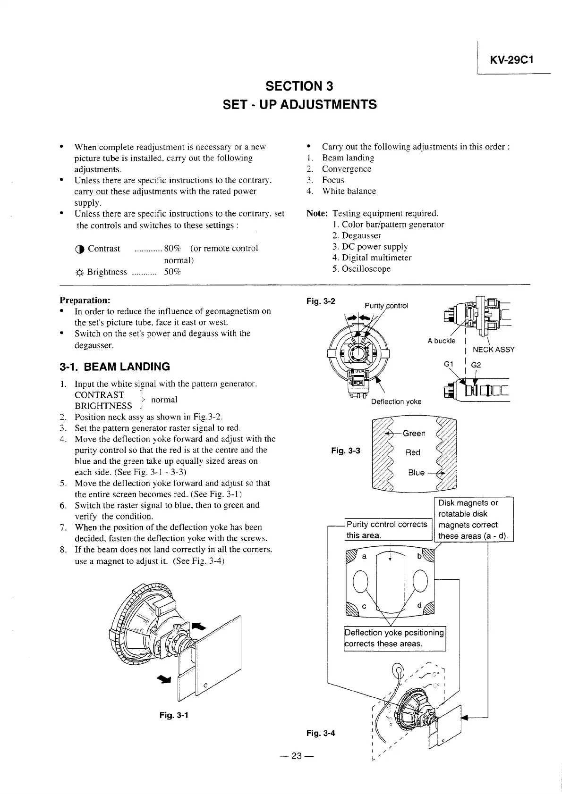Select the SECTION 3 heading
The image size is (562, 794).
(299, 86)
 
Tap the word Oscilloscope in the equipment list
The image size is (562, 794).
(366, 269)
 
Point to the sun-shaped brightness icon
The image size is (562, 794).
(79, 272)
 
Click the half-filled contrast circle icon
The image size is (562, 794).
(79, 249)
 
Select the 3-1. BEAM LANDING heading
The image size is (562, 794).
(114, 367)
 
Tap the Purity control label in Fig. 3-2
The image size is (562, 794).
(386, 306)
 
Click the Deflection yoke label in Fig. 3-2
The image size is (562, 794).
(396, 401)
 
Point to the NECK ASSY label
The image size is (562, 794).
(494, 350)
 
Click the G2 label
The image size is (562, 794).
(476, 365)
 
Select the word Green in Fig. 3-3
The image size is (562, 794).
(414, 434)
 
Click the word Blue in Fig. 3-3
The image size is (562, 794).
(416, 473)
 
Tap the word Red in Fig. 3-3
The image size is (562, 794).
(413, 452)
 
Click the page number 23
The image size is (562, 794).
(296, 756)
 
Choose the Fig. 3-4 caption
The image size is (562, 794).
(321, 733)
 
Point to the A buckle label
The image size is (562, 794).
(442, 341)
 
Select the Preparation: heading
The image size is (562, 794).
(85, 300)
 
